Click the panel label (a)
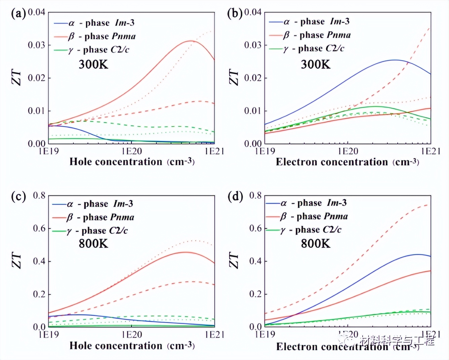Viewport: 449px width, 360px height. click(18, 14)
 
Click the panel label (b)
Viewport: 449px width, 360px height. click(235, 14)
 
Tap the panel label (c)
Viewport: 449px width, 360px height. click(18, 196)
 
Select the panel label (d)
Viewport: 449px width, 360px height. click(235, 196)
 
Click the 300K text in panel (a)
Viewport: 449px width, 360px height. click(93, 64)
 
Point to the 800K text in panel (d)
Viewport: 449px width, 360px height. click(315, 243)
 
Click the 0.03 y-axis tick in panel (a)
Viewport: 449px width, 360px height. click(36, 45)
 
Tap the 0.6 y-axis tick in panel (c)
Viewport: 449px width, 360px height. click(39, 228)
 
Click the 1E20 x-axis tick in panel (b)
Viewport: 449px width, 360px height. click(348, 151)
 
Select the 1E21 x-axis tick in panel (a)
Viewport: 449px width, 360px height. click(214, 151)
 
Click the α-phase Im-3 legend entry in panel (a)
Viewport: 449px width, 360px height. click(94, 23)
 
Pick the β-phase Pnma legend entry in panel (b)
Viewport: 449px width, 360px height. click(310, 35)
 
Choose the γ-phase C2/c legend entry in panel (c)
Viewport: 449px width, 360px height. click(90, 231)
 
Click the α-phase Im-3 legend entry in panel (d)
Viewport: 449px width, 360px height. click(306, 203)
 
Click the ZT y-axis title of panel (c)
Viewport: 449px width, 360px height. click(17, 261)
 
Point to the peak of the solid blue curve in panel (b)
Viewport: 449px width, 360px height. click(395, 60)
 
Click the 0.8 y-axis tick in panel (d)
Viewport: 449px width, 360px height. click(255, 195)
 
